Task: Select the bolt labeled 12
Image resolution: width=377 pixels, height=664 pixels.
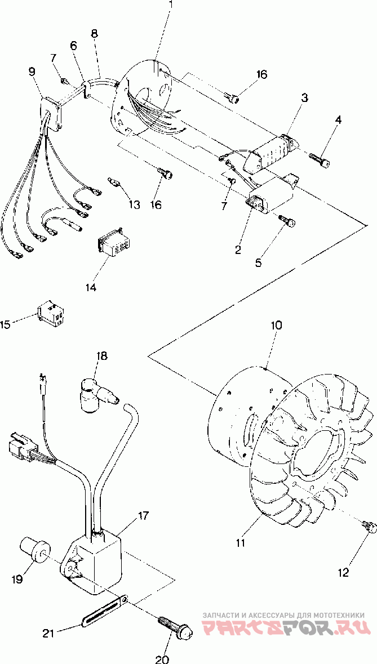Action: tap(369, 527)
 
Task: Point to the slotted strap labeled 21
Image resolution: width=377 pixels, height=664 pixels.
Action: tap(104, 610)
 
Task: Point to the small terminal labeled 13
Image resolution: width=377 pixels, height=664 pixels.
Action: tap(116, 182)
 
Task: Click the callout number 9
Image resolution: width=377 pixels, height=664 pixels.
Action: tap(32, 72)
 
